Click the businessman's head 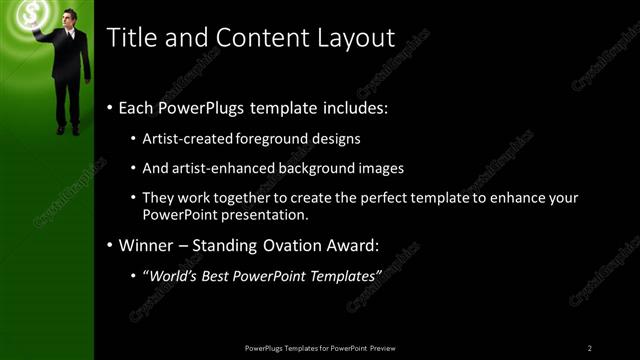[x=68, y=17]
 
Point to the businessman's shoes [x=68, y=129]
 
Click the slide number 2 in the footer [x=589, y=348]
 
